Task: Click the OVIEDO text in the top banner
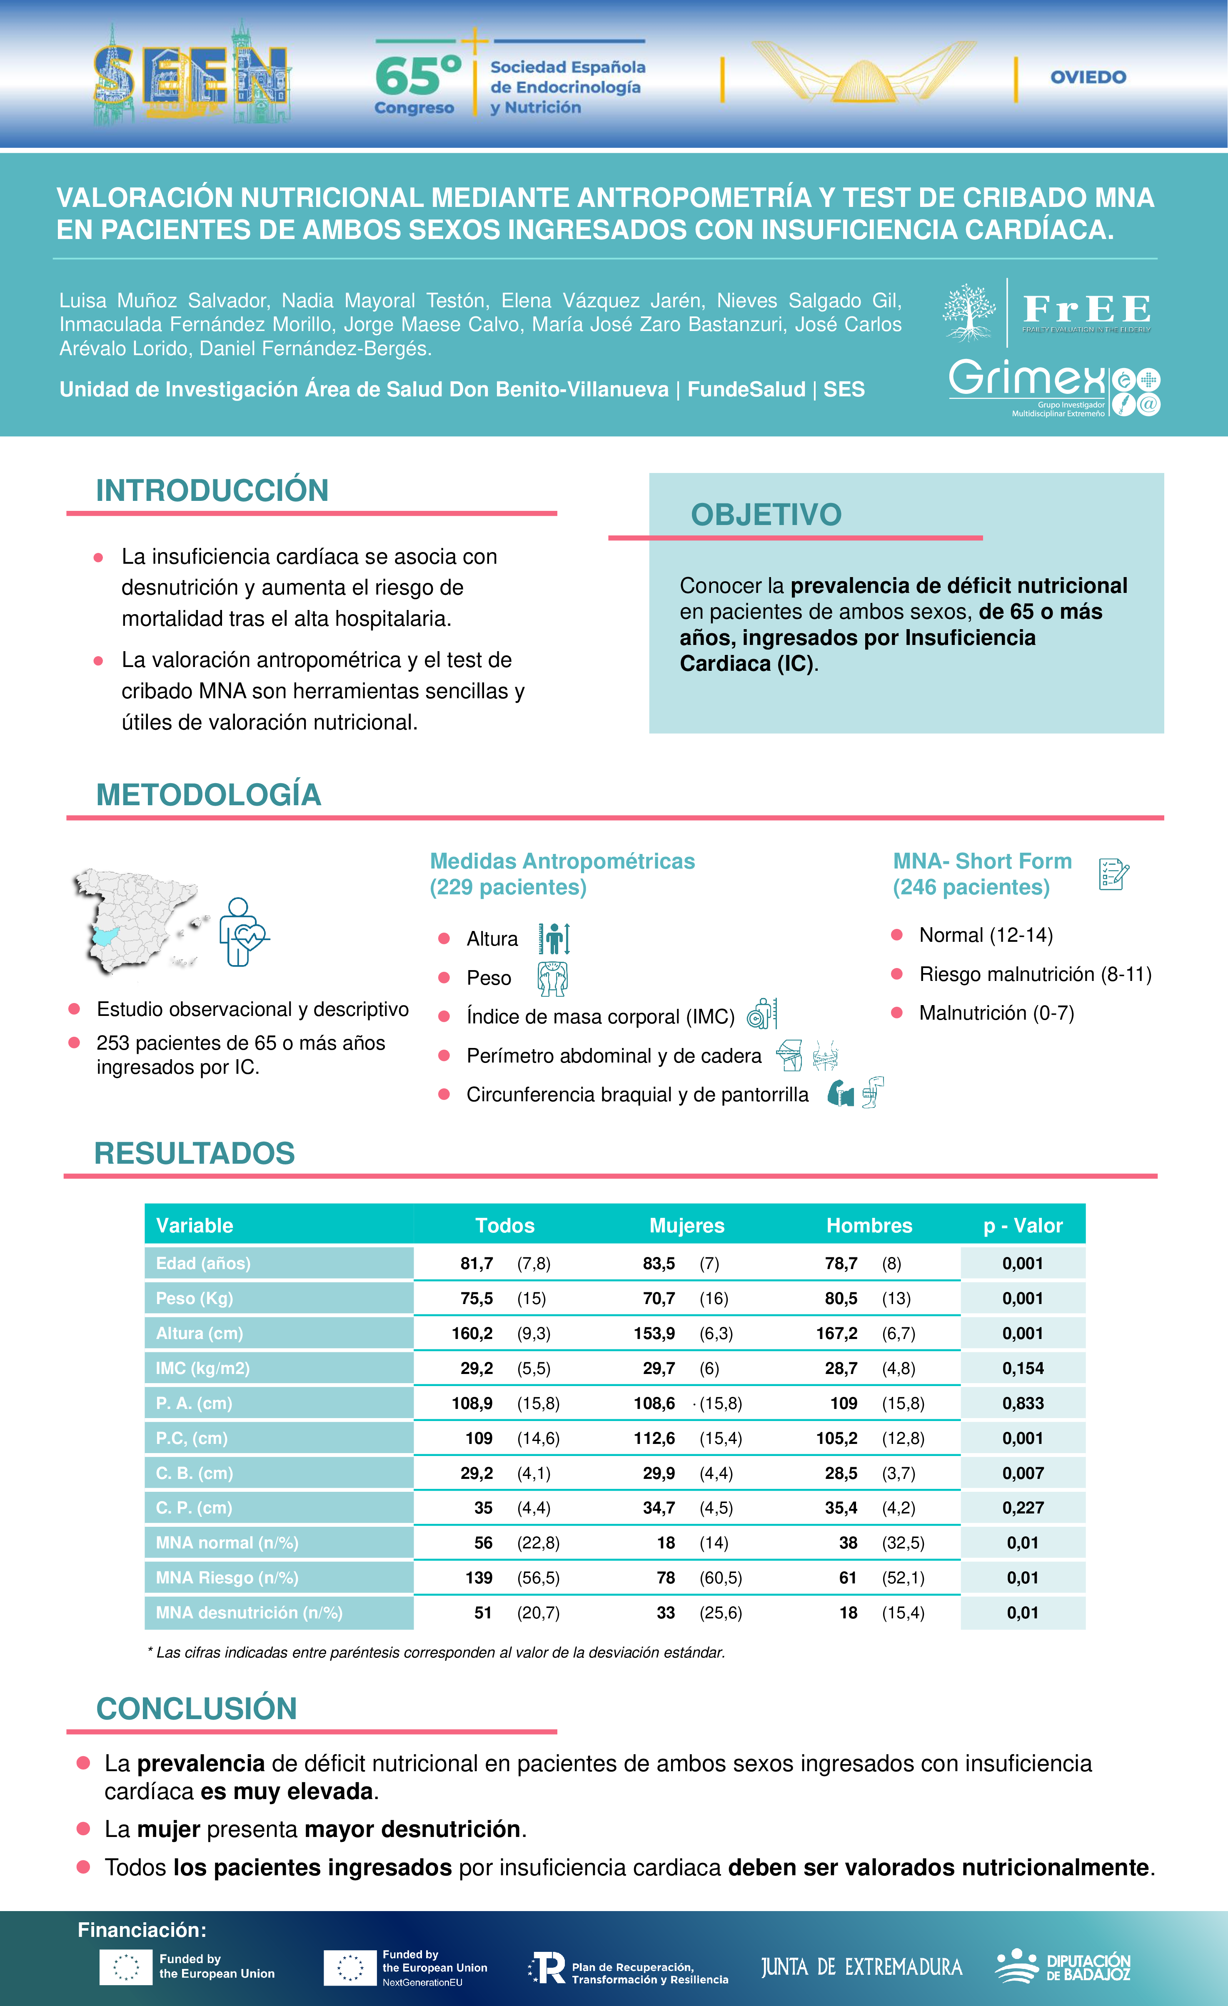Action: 1088,77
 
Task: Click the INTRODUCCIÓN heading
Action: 212,490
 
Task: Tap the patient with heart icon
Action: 242,932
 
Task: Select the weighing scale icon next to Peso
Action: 552,978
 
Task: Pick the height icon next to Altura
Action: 554,939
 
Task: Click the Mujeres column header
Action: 686,1225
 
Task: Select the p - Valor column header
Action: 1023,1225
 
